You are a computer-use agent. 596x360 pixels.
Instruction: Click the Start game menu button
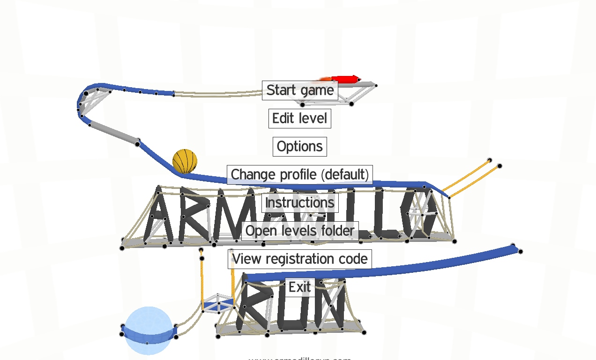(300, 90)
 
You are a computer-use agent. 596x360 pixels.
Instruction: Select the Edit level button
(300, 118)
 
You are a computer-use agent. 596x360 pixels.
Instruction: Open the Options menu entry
(300, 146)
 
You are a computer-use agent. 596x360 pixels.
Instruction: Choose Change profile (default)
(300, 174)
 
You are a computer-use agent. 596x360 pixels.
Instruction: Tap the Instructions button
(300, 202)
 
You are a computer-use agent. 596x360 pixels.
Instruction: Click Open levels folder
(300, 231)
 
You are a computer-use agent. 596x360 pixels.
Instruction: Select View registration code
(300, 259)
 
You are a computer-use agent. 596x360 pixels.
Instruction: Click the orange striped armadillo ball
(185, 161)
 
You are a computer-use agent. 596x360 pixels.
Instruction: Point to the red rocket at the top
(345, 79)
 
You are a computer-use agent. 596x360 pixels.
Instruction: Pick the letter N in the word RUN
(332, 307)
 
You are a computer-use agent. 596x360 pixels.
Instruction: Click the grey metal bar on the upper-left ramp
(114, 133)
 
